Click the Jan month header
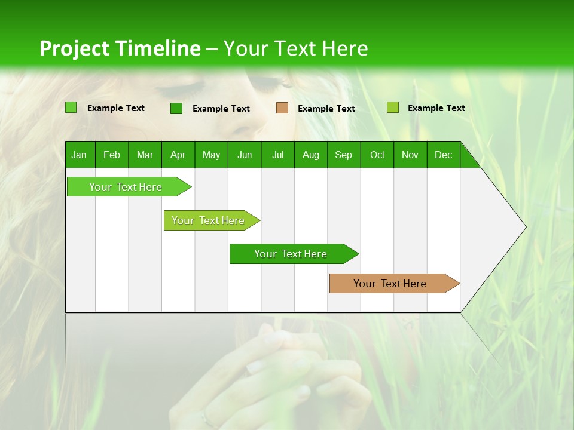[x=79, y=155]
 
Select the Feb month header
[x=112, y=155]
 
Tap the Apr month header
[x=178, y=155]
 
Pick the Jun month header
[x=245, y=155]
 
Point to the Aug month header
[x=310, y=155]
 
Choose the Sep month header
[x=343, y=155]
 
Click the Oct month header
[x=377, y=155]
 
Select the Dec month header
[x=443, y=155]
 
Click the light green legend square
[x=71, y=107]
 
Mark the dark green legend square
[x=176, y=108]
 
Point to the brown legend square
[x=282, y=108]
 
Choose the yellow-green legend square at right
[x=392, y=107]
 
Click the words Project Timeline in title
[x=120, y=48]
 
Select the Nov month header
[x=410, y=155]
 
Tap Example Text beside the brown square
[x=326, y=109]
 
